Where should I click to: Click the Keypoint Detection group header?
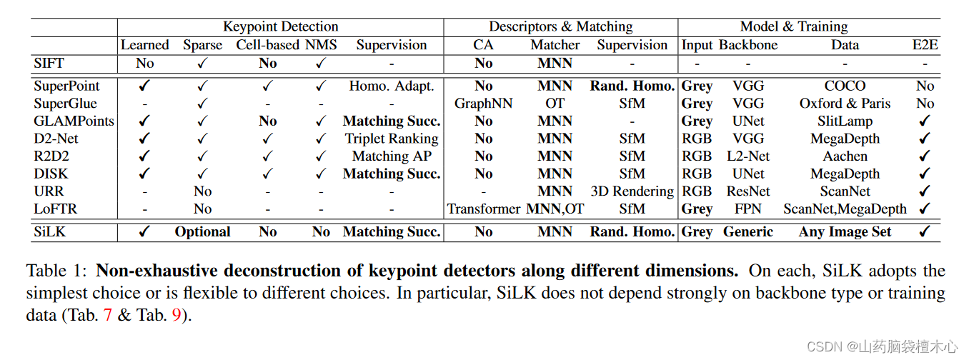280,27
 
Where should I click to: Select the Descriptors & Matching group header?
560,27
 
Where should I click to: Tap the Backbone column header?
747,45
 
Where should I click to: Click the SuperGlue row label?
66,104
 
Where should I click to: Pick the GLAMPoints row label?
74,121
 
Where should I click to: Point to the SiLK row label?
52,232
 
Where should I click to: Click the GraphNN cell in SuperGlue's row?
483,104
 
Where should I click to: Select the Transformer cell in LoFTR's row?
484,209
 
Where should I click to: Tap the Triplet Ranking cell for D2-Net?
391,139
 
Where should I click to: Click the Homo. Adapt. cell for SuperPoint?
391,86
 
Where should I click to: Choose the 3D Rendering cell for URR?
632,191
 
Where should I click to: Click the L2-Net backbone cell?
747,156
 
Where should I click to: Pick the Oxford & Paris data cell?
845,104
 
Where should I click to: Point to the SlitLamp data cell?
845,121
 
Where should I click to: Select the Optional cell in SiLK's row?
202,232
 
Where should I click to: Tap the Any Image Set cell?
845,232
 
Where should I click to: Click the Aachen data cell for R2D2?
845,156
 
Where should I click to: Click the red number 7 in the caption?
108,315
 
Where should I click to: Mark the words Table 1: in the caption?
57,271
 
